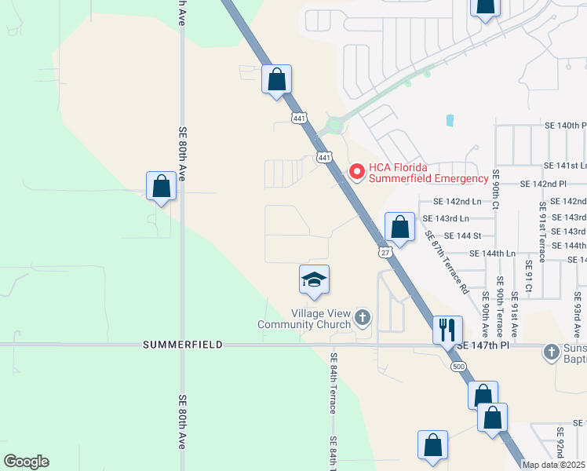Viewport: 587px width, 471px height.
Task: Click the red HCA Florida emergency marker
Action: click(x=356, y=170)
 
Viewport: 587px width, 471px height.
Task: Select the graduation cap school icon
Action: click(x=314, y=279)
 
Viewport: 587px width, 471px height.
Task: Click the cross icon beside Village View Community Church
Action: click(x=362, y=318)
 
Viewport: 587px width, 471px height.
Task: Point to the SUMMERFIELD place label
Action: click(x=183, y=345)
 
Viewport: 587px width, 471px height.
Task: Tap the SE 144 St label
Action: click(x=462, y=235)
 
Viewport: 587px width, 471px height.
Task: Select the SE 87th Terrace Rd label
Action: click(x=447, y=262)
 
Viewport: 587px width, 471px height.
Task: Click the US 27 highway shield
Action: click(x=385, y=251)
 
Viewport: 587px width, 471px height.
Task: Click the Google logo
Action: click(x=26, y=462)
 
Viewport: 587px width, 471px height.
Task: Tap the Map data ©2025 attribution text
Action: click(x=554, y=465)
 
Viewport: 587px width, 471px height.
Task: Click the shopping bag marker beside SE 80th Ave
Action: click(x=161, y=187)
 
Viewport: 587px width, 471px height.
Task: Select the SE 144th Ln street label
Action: click(x=493, y=254)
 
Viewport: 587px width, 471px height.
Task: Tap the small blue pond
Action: click(x=450, y=121)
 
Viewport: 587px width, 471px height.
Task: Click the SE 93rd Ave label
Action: click(x=578, y=314)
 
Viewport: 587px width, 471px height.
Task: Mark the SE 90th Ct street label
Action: click(x=495, y=192)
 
